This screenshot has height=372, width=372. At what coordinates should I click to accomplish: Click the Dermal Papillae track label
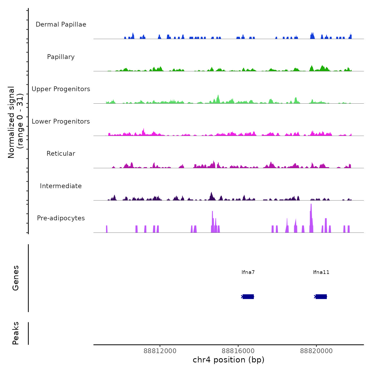(61, 24)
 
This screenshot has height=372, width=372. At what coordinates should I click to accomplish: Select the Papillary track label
(61, 57)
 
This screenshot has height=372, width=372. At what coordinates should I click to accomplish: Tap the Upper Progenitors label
(61, 89)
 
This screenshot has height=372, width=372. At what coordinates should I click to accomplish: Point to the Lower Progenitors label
(61, 121)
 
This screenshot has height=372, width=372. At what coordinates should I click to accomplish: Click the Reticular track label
(61, 154)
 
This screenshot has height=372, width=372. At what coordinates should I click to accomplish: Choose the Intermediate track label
(61, 186)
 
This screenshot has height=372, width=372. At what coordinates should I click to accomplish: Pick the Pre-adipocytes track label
(61, 218)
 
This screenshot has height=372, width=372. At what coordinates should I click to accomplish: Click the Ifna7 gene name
(248, 272)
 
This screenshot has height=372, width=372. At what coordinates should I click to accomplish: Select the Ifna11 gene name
(321, 272)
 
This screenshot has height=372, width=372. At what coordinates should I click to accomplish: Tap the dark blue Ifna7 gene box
(248, 297)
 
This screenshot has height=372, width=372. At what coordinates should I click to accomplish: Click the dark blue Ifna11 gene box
(321, 297)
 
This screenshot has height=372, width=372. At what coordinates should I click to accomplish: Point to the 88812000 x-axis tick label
(160, 351)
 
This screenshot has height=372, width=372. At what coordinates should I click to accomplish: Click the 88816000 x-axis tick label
(238, 351)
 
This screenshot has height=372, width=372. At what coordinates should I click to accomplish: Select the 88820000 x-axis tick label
(316, 351)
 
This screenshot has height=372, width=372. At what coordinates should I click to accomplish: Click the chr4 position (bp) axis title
(229, 360)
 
